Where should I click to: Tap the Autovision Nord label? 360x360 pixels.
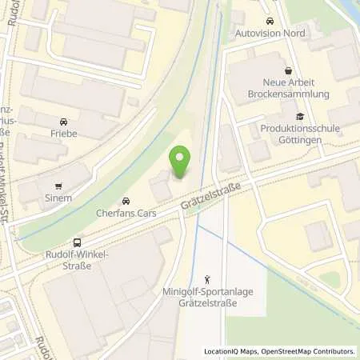pos(270,34)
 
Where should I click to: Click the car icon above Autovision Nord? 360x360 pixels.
pos(270,20)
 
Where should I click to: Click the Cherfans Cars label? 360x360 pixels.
pos(125,214)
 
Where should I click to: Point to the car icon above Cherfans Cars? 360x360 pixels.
pos(125,200)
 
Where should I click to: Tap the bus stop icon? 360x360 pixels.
pos(77,242)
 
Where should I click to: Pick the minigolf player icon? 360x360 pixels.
pos(207,279)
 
